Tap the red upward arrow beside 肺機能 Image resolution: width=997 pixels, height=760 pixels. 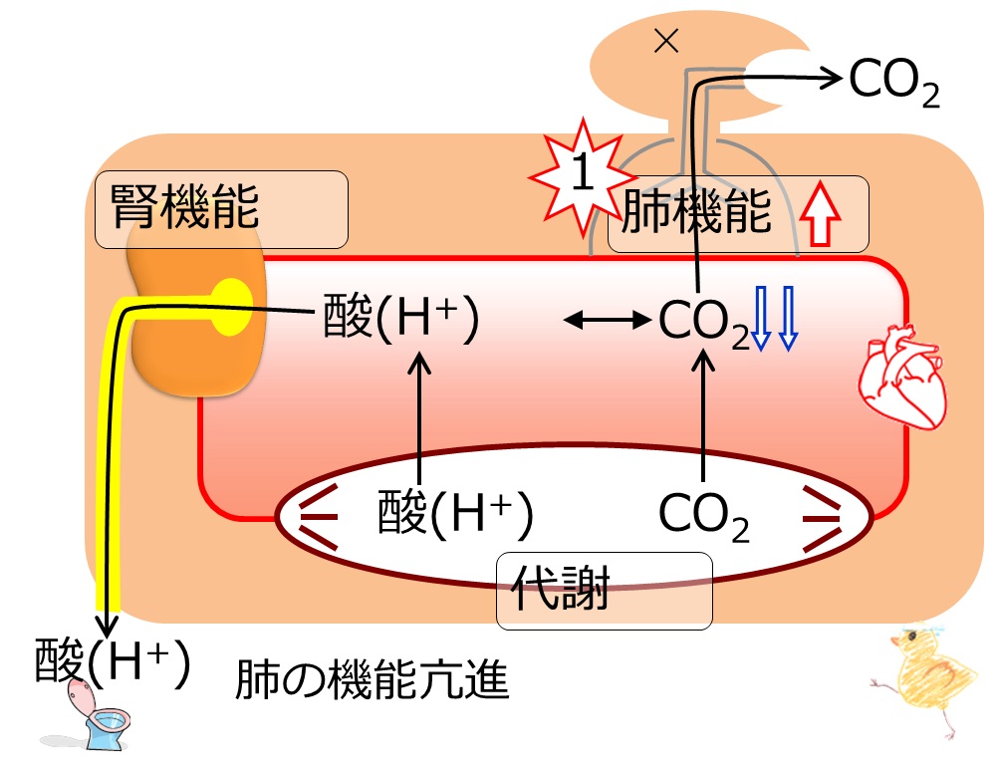click(x=821, y=213)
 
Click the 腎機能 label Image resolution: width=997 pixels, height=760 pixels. click(x=184, y=206)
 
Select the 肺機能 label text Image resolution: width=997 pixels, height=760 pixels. click(x=696, y=211)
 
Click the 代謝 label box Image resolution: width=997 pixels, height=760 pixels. click(x=604, y=591)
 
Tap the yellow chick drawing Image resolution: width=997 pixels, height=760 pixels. click(x=926, y=680)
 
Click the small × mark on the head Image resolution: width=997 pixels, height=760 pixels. click(x=666, y=42)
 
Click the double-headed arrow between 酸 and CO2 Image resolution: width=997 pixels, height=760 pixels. click(x=608, y=320)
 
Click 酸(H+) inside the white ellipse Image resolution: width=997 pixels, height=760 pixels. click(x=455, y=514)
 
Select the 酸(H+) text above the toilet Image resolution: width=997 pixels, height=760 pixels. click(x=113, y=661)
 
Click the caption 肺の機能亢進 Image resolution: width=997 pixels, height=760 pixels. click(x=372, y=680)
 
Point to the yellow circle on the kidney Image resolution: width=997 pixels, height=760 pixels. click(x=231, y=307)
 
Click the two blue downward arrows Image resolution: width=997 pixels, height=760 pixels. click(x=775, y=318)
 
